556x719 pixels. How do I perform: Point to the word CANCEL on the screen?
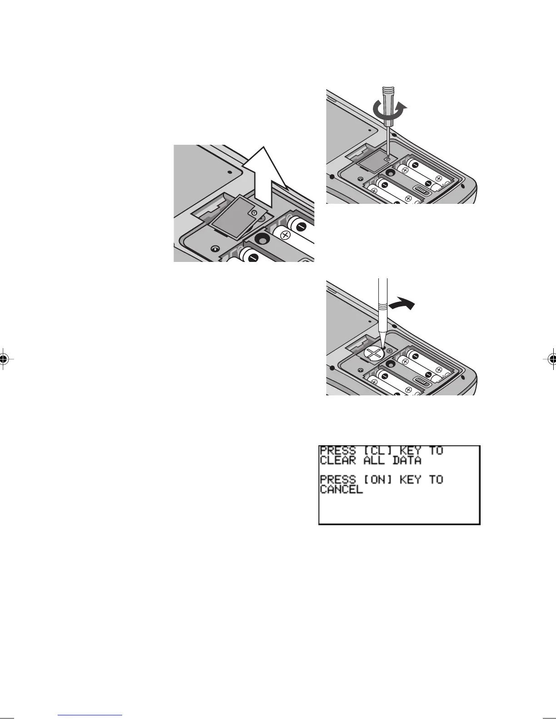tap(341, 490)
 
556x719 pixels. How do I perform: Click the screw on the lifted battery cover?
tap(254, 212)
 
